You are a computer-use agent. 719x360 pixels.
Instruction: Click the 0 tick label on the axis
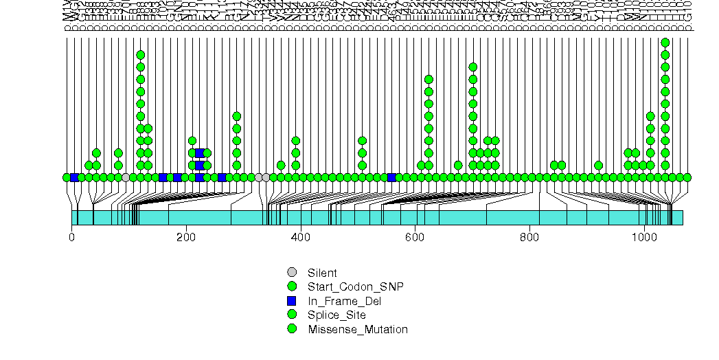[72, 238]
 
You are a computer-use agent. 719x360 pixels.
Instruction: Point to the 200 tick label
[186, 238]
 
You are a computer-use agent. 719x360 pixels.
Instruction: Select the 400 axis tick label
[301, 238]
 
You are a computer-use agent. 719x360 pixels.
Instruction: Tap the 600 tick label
[415, 238]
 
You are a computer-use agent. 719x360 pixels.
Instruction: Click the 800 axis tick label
[529, 238]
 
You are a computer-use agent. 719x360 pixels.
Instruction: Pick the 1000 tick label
[644, 238]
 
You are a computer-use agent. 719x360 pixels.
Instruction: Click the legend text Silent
[322, 273]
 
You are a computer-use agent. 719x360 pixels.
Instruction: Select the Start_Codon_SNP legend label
[355, 286]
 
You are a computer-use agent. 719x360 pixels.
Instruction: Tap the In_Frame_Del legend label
[344, 301]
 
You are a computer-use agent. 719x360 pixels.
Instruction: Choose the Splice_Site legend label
[336, 315]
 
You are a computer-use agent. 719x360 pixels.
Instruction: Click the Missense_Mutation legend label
[358, 329]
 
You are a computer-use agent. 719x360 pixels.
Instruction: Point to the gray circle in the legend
[292, 272]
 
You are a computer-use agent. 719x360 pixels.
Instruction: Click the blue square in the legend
[292, 301]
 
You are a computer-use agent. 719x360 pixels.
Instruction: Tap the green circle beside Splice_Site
[292, 315]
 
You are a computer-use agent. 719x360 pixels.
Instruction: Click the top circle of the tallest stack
[665, 43]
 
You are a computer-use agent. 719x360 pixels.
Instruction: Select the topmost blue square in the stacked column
[200, 153]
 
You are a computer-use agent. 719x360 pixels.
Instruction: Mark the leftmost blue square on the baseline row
[74, 177]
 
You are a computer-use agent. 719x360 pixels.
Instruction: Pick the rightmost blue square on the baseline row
[391, 177]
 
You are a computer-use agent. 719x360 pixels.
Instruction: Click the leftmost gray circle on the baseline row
[126, 177]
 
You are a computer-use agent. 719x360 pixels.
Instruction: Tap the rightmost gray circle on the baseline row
[266, 177]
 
